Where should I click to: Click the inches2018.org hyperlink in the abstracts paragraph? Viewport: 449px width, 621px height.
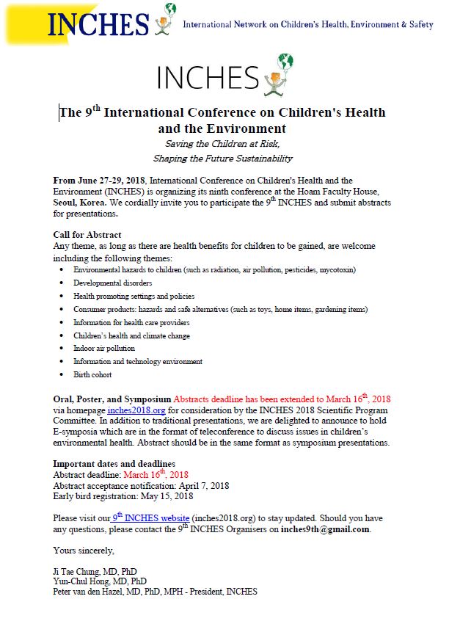click(x=132, y=410)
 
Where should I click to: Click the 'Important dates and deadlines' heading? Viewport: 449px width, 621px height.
click(x=114, y=464)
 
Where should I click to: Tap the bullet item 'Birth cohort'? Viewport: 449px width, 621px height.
click(x=92, y=374)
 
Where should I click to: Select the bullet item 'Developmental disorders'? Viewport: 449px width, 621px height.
click(x=112, y=283)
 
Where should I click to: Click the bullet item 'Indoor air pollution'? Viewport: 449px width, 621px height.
click(x=104, y=348)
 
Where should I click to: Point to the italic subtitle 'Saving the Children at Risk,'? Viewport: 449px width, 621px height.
click(x=222, y=144)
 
